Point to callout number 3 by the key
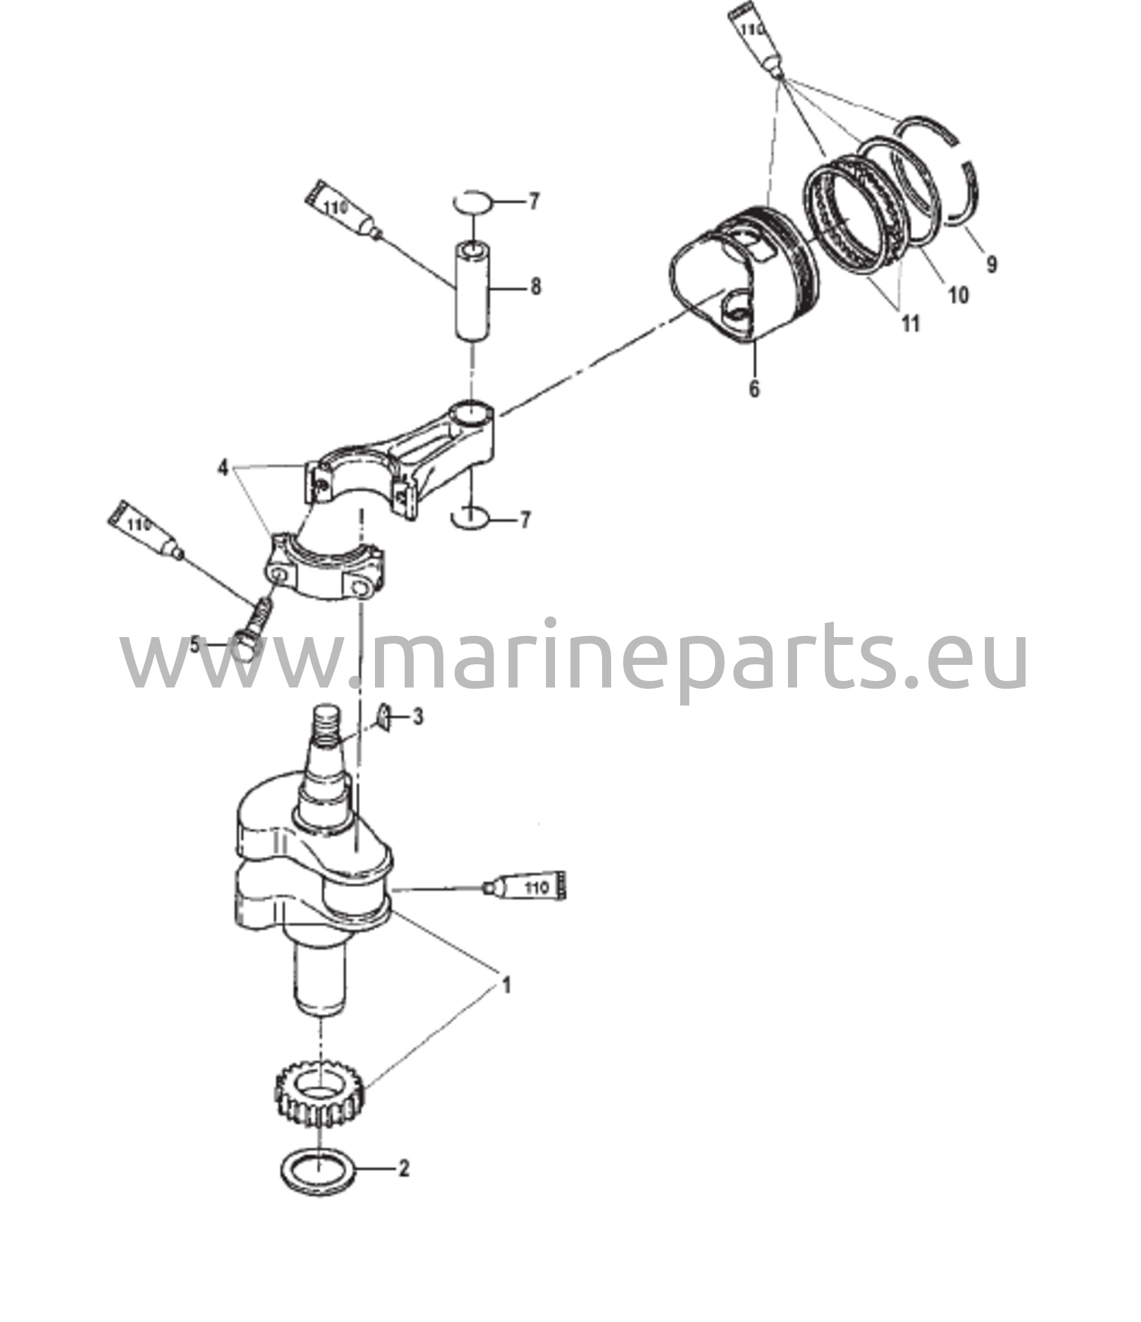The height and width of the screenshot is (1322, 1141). click(x=419, y=717)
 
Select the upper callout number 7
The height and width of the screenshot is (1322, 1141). click(x=534, y=202)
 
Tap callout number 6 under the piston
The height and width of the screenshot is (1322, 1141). click(x=754, y=389)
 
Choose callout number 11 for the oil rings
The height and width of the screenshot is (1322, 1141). click(x=911, y=323)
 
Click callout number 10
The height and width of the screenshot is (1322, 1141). click(x=958, y=295)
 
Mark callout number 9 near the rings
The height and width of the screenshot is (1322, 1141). click(x=991, y=264)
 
